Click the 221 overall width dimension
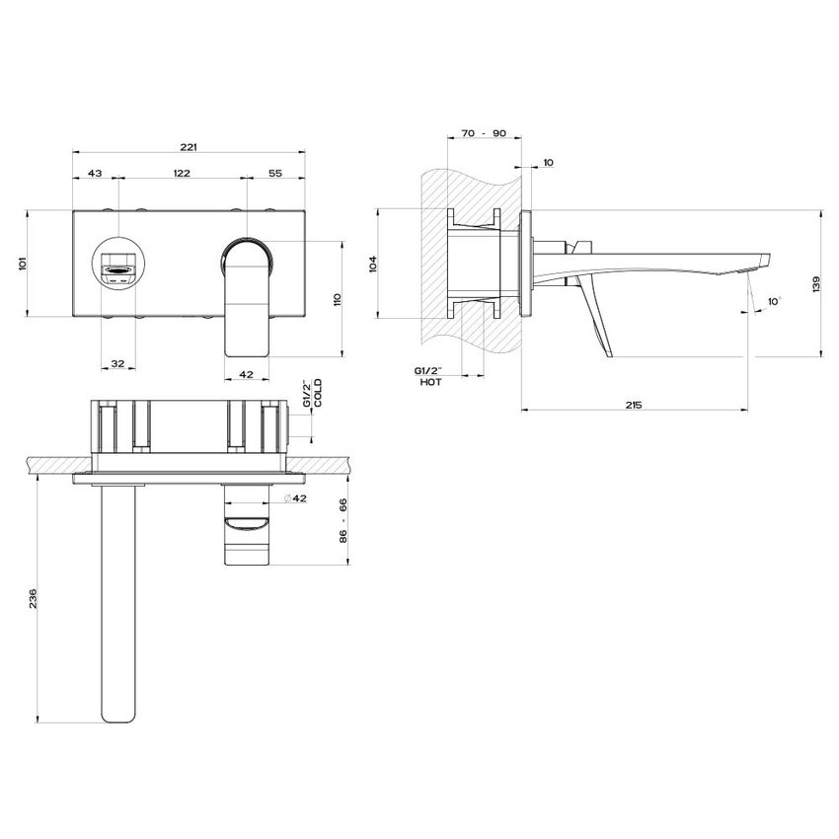(189, 147)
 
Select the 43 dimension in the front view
(96, 173)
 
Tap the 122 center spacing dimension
(182, 173)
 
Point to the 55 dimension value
(274, 173)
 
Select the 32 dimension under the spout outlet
(117, 364)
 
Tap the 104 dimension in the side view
(372, 263)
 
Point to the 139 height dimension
(815, 283)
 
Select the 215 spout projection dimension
(635, 405)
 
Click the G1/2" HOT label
(430, 375)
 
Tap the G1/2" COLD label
(311, 393)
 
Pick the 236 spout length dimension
(33, 598)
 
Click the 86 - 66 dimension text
(343, 524)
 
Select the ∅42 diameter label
(295, 499)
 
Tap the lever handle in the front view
(249, 296)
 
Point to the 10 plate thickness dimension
(548, 162)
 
